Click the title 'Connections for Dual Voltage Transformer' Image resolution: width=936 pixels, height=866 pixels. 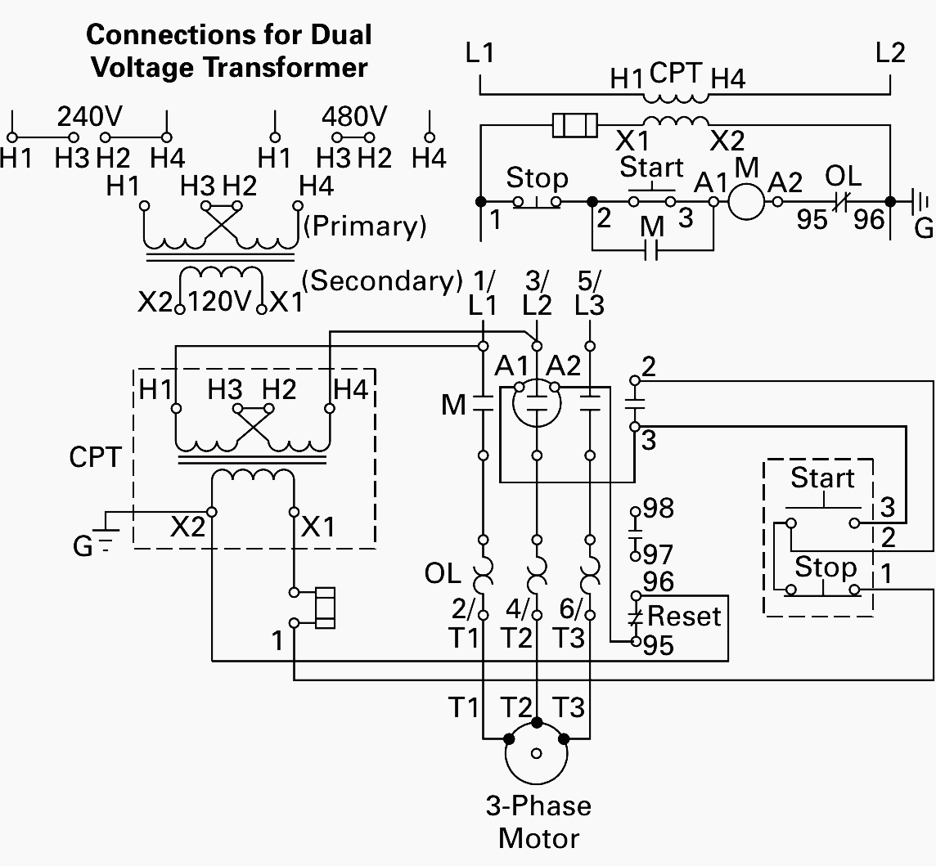click(228, 51)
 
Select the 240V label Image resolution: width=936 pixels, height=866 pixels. click(89, 116)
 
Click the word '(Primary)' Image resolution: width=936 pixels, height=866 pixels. click(365, 226)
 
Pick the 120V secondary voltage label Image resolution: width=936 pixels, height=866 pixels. click(218, 302)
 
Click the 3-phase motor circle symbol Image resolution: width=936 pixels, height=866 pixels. click(536, 755)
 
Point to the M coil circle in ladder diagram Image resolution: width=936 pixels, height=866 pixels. click(745, 200)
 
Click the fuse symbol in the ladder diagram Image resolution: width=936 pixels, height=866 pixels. click(576, 126)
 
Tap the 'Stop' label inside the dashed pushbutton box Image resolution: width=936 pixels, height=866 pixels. click(826, 567)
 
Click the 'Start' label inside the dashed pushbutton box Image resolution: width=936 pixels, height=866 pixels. click(822, 478)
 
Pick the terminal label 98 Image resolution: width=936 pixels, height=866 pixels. click(658, 509)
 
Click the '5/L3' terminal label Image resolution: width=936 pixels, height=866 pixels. click(589, 293)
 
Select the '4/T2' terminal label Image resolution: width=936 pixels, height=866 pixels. click(516, 624)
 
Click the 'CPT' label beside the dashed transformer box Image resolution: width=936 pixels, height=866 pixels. click(96, 457)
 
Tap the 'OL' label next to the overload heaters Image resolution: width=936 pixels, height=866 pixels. click(443, 574)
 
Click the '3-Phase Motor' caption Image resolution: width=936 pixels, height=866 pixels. click(538, 822)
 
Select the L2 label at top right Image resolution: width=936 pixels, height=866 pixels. click(890, 53)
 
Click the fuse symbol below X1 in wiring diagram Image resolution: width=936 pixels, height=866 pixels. click(325, 608)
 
